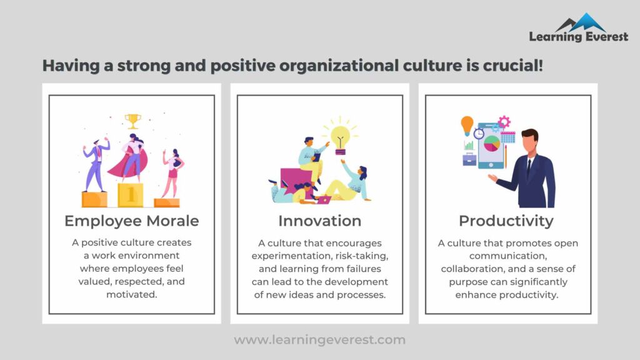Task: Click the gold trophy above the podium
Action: click(x=132, y=119)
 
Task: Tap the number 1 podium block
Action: click(x=131, y=194)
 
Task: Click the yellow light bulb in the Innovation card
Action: click(x=340, y=137)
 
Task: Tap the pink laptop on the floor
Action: click(x=324, y=200)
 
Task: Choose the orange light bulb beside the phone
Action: click(x=467, y=125)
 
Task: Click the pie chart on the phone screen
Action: click(x=492, y=143)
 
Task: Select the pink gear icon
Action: click(x=504, y=122)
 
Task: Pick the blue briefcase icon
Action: click(x=469, y=159)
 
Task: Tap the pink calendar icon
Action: click(x=508, y=137)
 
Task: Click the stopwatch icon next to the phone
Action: click(x=479, y=133)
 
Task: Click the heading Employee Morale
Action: click(x=132, y=221)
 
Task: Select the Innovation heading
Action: click(x=320, y=221)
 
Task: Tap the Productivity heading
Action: click(x=506, y=221)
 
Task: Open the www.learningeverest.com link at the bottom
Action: click(x=320, y=340)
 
